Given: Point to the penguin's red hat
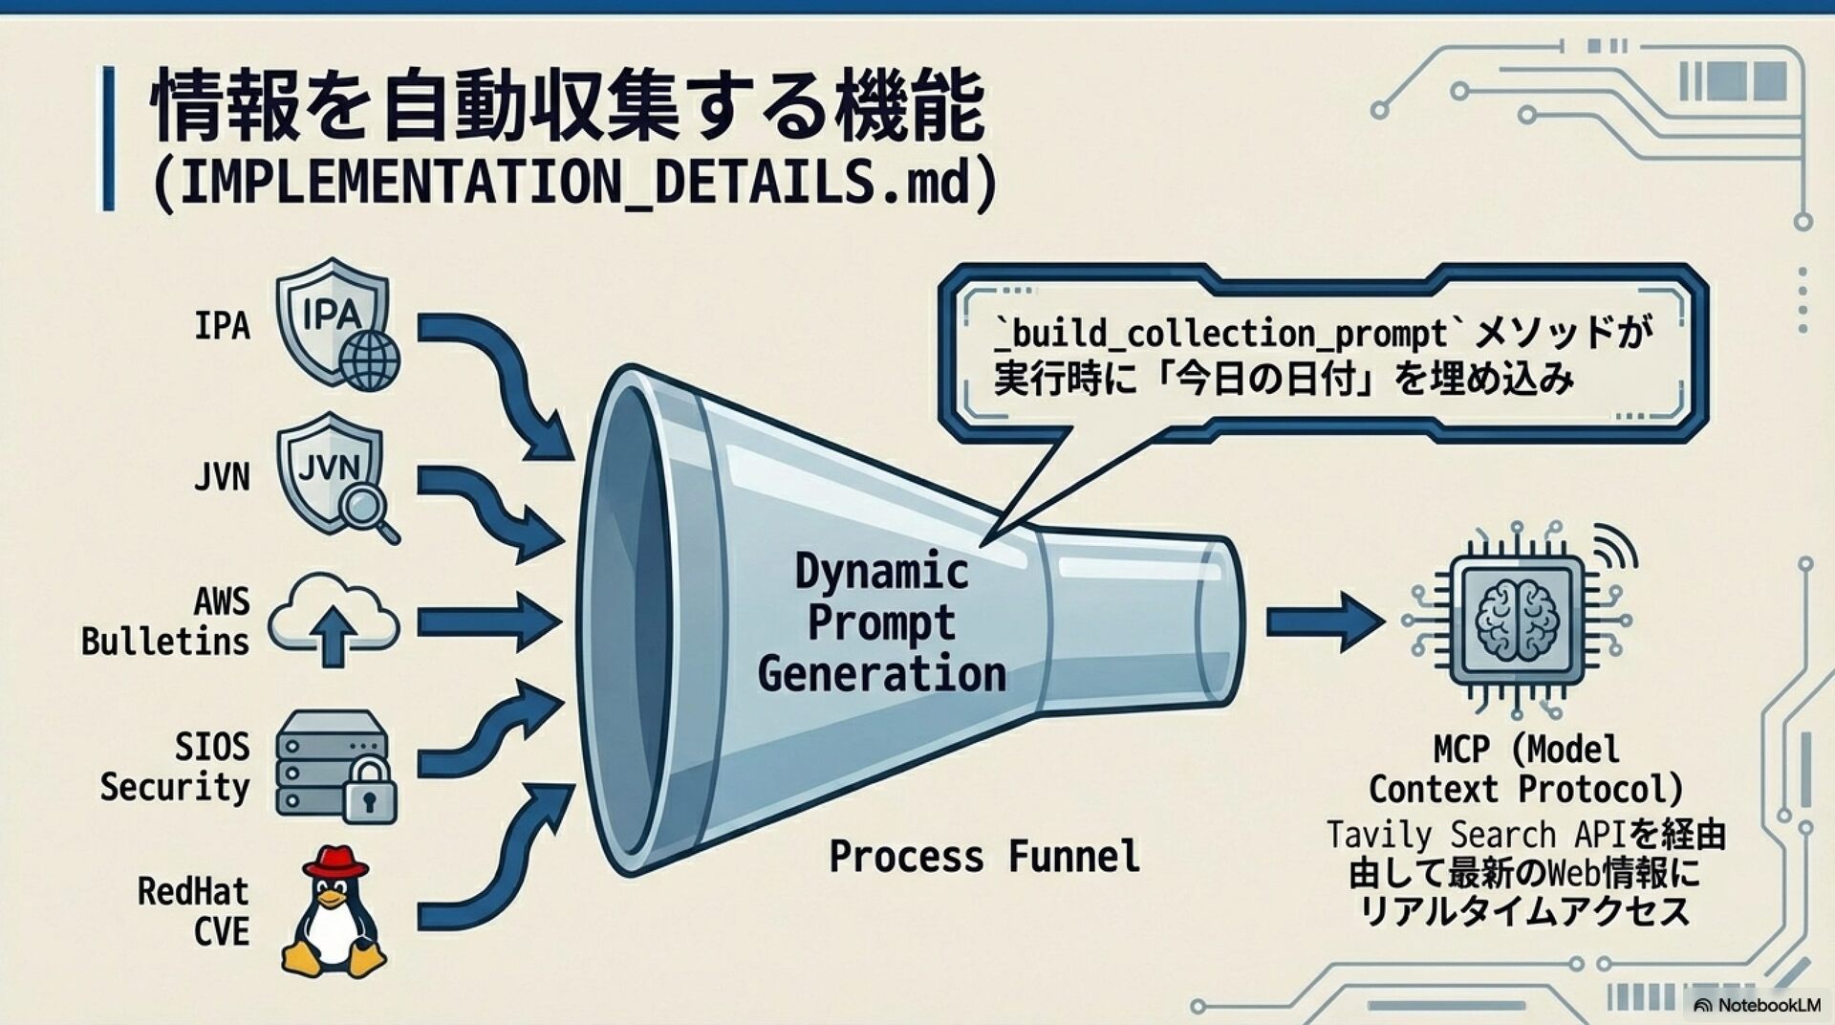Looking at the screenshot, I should point(335,861).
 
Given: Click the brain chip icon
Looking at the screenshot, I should point(1517,621).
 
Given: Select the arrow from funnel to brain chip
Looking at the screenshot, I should point(1324,622).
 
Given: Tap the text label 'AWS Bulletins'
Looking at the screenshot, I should point(165,622).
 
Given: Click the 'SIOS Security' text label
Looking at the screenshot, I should point(175,767).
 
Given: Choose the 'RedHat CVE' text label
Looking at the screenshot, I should point(193,911).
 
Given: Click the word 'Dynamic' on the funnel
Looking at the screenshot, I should point(881,572).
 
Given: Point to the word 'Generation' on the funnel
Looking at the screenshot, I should point(881,674).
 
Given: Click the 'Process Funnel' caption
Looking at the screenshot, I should point(983,856).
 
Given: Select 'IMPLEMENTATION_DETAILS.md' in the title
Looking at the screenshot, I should point(574,182).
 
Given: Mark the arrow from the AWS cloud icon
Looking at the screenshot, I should point(487,622).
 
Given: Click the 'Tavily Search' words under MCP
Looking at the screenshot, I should point(1440,835).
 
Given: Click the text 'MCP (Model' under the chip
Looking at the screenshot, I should point(1525,749).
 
